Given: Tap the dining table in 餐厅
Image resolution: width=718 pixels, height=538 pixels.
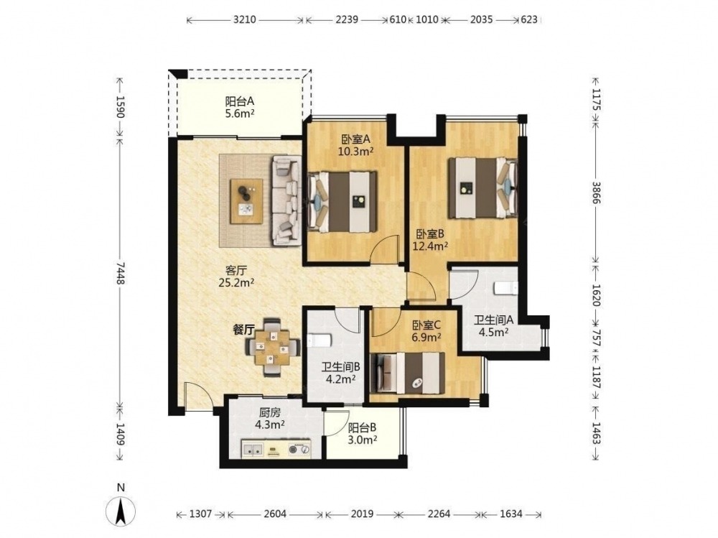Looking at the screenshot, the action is [272, 347].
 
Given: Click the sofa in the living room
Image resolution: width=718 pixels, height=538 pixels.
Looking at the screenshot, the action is [287, 200].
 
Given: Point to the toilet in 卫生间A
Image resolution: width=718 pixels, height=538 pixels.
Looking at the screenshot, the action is [505, 288].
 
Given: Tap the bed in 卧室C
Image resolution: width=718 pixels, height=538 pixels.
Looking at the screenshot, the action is [408, 373].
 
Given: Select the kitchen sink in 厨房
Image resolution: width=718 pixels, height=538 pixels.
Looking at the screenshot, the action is [253, 449].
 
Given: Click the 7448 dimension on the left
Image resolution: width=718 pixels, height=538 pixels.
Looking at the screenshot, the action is [120, 272].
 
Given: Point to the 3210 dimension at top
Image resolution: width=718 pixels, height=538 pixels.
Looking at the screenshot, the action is [245, 19].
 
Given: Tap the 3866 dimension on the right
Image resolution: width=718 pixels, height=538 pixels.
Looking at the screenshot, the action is [595, 193].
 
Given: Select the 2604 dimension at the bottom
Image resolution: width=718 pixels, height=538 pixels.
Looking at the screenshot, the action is [275, 514].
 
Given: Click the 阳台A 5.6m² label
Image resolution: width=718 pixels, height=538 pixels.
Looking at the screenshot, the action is [240, 107].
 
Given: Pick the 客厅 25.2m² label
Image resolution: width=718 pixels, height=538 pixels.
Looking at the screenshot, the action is [236, 276].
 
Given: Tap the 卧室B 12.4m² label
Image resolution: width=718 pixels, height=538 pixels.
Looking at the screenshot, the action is [430, 240].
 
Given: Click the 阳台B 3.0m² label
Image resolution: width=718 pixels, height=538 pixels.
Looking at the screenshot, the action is [362, 434].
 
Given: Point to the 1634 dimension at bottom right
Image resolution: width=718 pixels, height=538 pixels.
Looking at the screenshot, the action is [510, 514].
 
